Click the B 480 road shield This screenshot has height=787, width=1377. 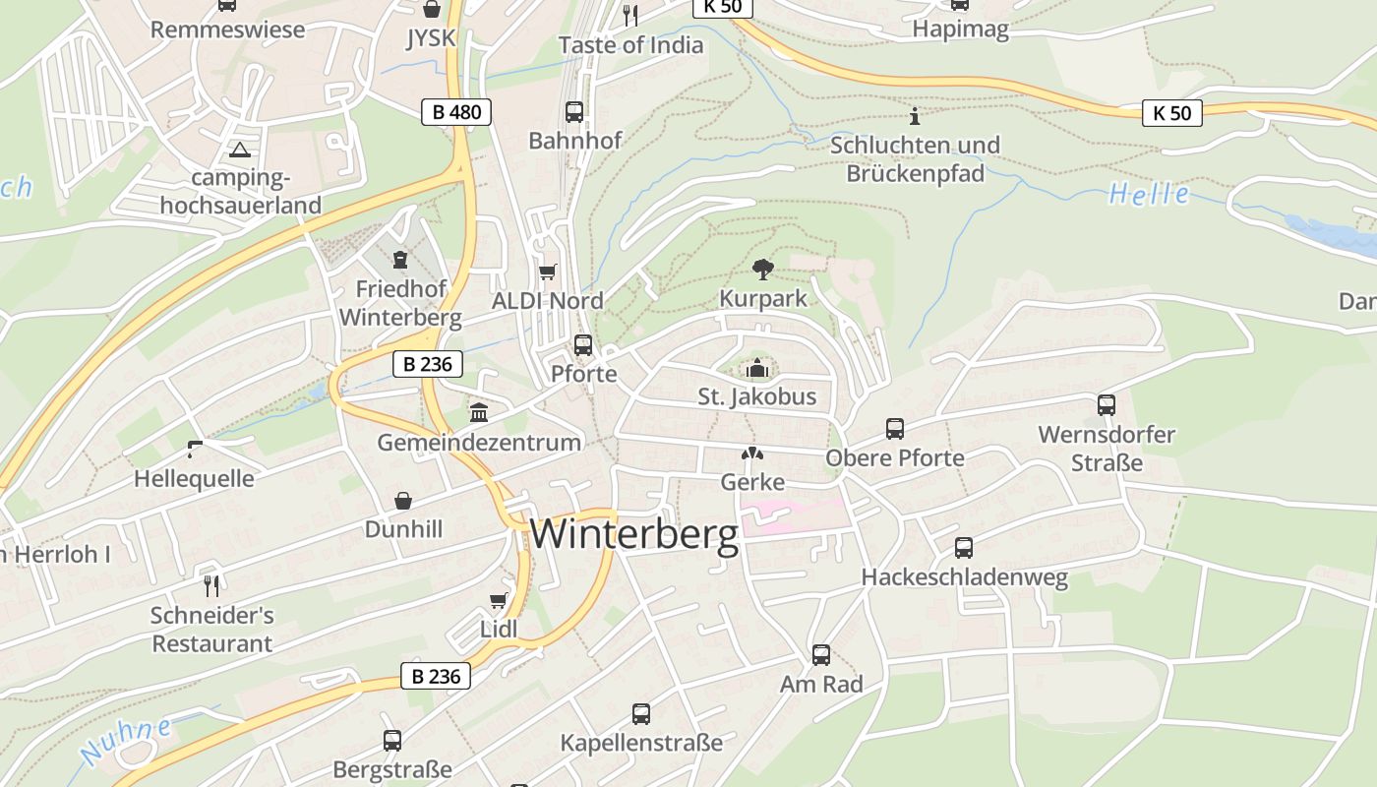click(x=456, y=112)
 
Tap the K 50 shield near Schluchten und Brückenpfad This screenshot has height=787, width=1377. click(x=1172, y=113)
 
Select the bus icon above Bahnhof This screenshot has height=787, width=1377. click(x=574, y=112)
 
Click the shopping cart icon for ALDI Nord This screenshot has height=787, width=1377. click(x=548, y=272)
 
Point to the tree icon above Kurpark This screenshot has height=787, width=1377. click(x=762, y=269)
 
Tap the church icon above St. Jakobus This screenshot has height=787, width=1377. click(x=757, y=369)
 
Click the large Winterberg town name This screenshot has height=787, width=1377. click(x=634, y=534)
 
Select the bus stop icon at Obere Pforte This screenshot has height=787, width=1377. click(x=894, y=429)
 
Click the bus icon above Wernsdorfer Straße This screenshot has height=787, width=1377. click(x=1107, y=405)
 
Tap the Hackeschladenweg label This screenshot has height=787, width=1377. click(x=964, y=577)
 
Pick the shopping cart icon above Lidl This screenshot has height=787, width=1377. click(x=499, y=600)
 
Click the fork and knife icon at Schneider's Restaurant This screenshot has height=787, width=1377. click(x=211, y=585)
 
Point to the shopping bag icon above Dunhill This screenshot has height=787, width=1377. click(x=403, y=501)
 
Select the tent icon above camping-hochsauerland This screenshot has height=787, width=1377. click(x=239, y=151)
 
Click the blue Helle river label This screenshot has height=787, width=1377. click(x=1149, y=194)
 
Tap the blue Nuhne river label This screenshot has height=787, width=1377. click(x=125, y=742)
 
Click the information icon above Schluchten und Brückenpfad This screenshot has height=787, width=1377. click(x=915, y=116)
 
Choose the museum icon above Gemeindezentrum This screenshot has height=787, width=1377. click(x=479, y=412)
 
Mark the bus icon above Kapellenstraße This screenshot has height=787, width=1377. click(x=641, y=713)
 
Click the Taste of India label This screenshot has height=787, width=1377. click(x=630, y=45)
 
